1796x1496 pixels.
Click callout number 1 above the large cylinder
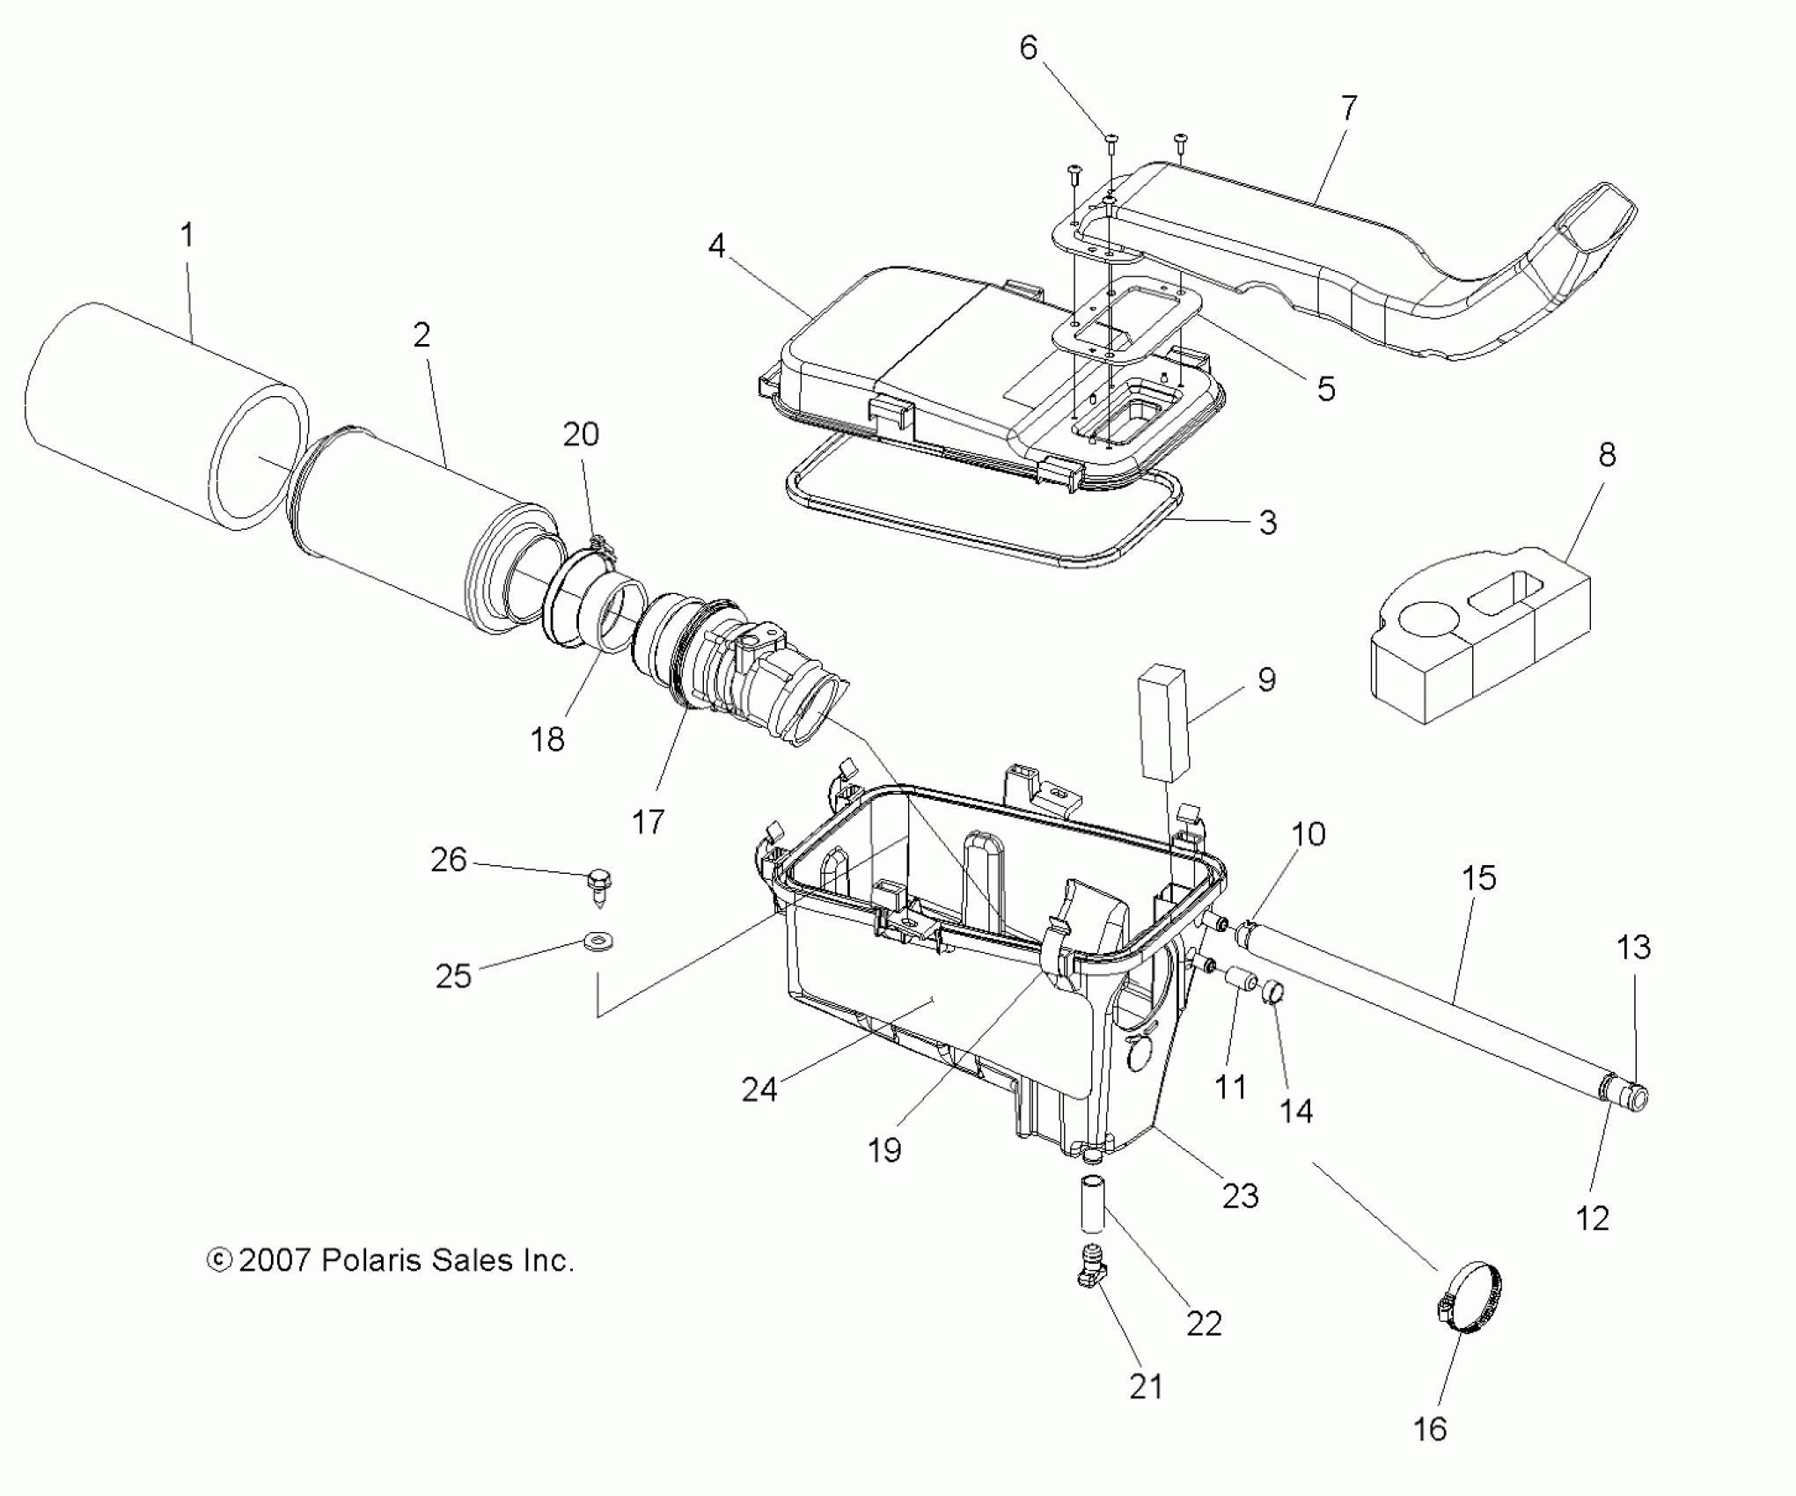187,236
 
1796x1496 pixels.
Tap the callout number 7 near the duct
1348,109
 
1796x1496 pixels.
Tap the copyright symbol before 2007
218,1261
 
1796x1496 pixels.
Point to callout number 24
759,1089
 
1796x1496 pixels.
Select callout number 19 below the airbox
884,1149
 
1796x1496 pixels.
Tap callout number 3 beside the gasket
1267,523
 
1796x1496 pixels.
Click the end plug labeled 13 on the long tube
1634,1096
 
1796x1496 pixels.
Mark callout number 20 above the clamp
581,435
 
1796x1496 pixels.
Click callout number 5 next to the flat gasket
1325,388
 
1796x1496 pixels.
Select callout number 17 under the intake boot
649,822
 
